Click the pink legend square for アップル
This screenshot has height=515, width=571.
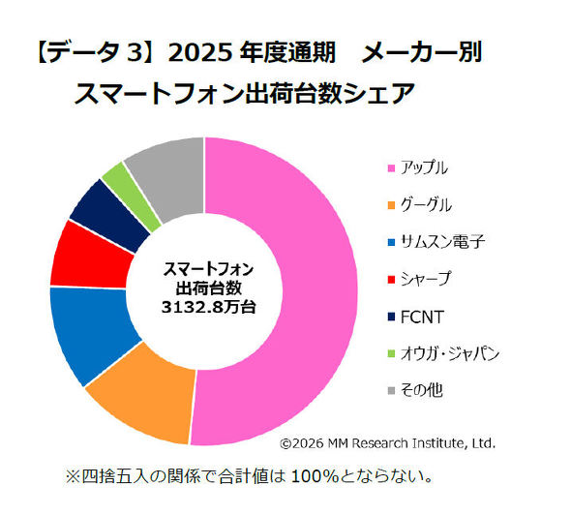click(391, 168)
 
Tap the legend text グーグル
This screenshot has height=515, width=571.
click(426, 205)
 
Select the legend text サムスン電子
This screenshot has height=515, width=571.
click(443, 242)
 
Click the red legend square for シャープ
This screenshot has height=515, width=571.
click(391, 280)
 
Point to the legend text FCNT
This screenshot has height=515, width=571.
click(422, 318)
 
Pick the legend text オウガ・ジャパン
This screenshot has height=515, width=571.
click(450, 353)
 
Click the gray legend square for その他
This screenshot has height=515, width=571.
click(391, 391)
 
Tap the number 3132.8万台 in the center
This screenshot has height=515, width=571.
click(208, 307)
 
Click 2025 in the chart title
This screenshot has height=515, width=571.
click(200, 53)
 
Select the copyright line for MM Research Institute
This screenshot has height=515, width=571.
click(387, 443)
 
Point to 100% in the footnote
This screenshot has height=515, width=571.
click(315, 476)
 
